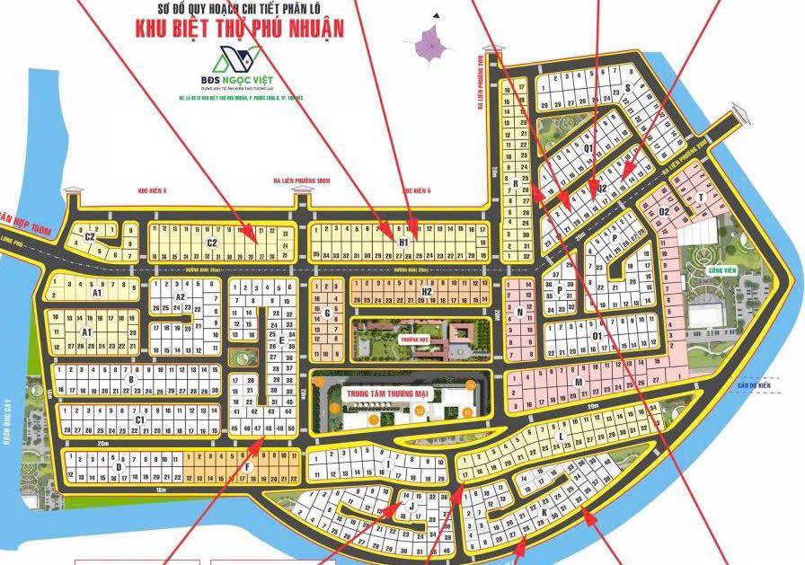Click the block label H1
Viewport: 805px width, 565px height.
point(403,243)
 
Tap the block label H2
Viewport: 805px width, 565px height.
point(428,291)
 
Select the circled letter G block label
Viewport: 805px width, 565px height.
point(328,313)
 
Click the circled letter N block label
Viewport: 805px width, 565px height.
point(520,313)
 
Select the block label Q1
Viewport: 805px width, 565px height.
point(588,148)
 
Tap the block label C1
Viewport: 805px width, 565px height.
point(139,419)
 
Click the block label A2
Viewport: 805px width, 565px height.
point(180,296)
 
